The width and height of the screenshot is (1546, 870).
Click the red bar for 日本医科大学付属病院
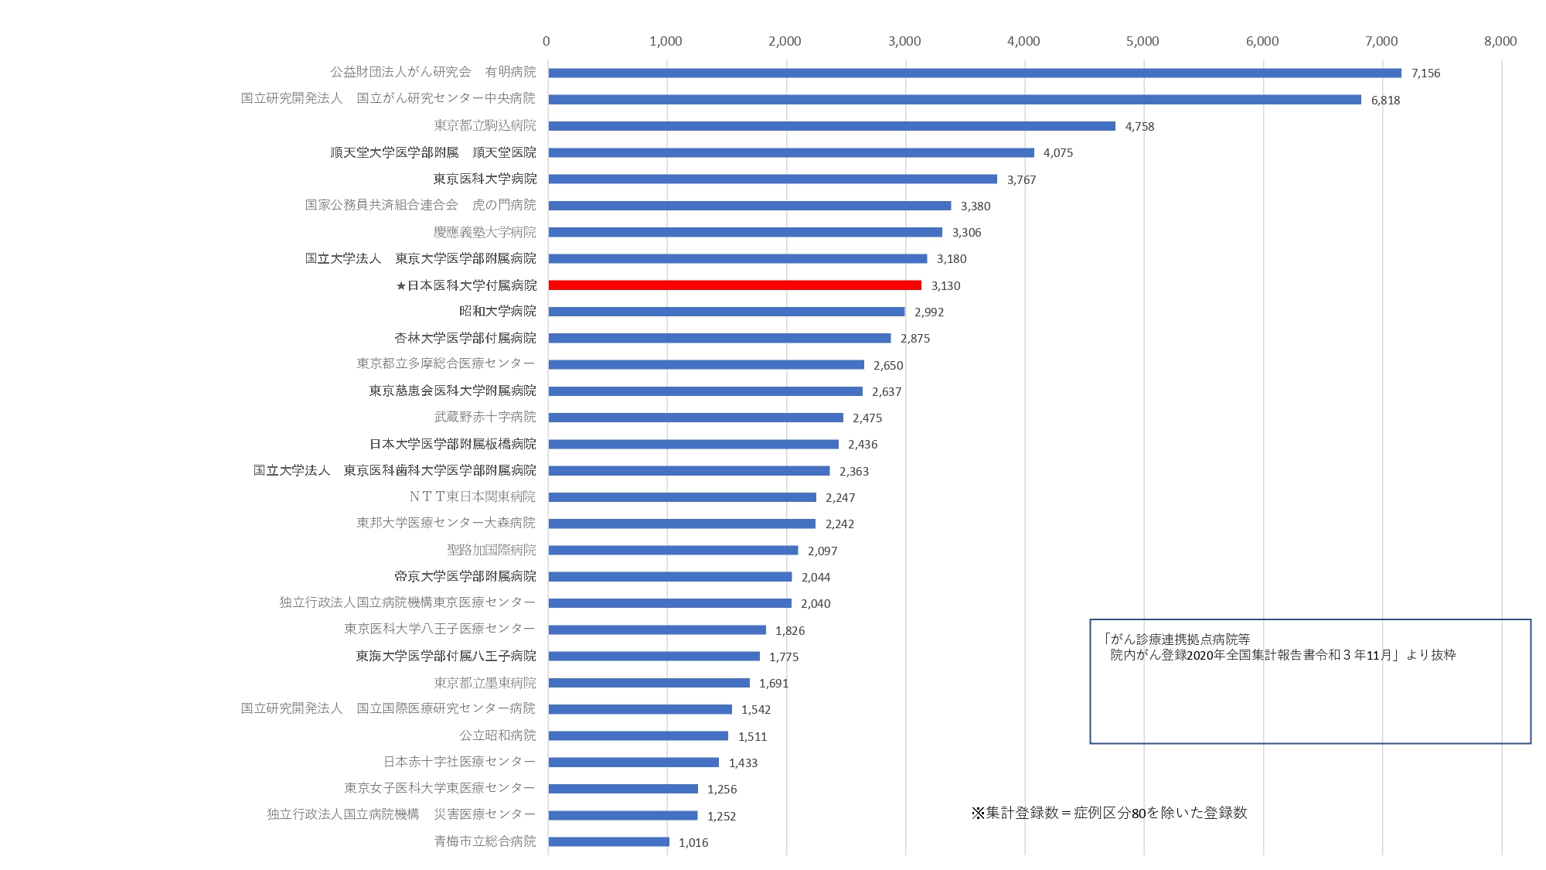coord(734,285)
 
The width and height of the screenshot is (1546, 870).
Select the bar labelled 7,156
coord(974,73)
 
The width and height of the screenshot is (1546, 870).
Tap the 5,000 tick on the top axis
coord(1142,41)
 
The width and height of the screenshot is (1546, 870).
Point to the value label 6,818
coord(1385,100)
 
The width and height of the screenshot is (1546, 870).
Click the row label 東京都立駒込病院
coord(485,125)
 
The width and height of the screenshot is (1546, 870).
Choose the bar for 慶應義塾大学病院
coord(745,232)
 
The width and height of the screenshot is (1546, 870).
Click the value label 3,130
coord(945,285)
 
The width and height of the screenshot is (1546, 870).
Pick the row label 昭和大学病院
coord(497,311)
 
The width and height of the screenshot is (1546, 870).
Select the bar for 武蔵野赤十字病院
coord(696,418)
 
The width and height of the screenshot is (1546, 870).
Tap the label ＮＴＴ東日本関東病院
coord(472,496)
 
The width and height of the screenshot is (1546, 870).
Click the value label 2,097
coord(822,551)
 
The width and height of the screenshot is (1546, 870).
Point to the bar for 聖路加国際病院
coord(673,550)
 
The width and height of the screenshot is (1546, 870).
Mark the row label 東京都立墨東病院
coord(485,683)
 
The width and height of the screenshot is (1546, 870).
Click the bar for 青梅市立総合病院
coord(609,841)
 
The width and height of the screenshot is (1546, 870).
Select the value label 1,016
coord(693,842)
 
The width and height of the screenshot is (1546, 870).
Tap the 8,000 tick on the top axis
coord(1500,41)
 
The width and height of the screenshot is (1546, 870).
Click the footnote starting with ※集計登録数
coord(1109,813)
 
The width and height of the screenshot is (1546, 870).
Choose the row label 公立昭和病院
coord(497,735)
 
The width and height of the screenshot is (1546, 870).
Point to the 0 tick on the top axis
coord(547,41)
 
